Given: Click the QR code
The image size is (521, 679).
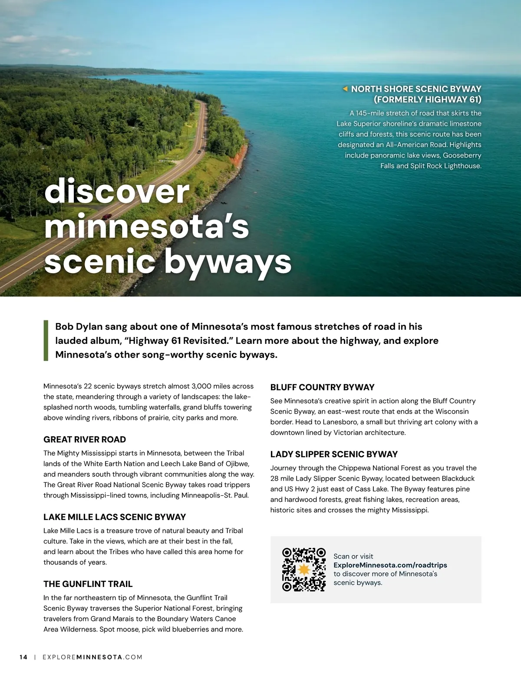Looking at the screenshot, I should tap(304, 569).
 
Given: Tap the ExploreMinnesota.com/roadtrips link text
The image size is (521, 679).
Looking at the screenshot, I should tap(390, 565).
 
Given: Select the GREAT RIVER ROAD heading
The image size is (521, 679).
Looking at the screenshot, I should tap(85, 439).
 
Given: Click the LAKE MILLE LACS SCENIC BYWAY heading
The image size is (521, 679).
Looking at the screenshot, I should tap(115, 517).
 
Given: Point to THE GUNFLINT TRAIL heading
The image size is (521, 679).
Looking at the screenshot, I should tap(88, 584).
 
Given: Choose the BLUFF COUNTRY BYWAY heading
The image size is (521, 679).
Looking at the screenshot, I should tap(322, 387).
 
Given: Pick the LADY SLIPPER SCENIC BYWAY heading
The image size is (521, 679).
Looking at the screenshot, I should tap(334, 454).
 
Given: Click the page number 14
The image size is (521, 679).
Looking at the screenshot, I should tap(23, 657).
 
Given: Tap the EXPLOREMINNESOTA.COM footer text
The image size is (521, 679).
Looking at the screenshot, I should tap(92, 657).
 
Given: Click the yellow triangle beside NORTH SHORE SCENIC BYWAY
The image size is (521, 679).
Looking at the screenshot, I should tap(345, 89).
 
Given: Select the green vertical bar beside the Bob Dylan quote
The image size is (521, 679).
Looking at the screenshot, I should tap(46, 340).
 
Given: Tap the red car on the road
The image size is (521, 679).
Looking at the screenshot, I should tap(107, 216).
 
